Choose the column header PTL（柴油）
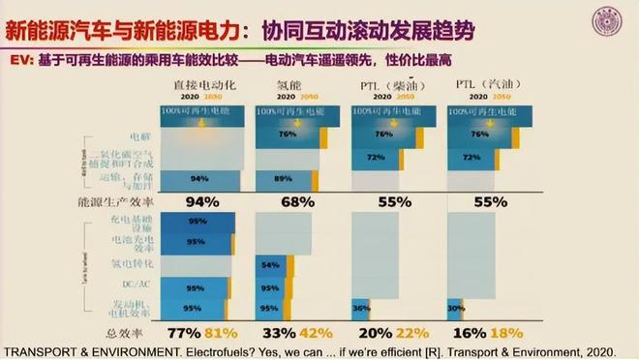tap(383, 86)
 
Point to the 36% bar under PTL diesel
tap(360, 309)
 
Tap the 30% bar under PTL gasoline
tap(454, 309)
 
